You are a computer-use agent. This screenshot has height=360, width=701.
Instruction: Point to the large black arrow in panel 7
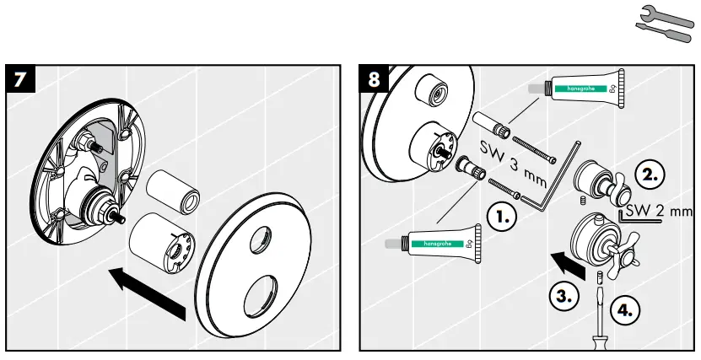[148, 292]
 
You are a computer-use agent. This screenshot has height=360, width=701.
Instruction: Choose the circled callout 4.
[623, 309]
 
